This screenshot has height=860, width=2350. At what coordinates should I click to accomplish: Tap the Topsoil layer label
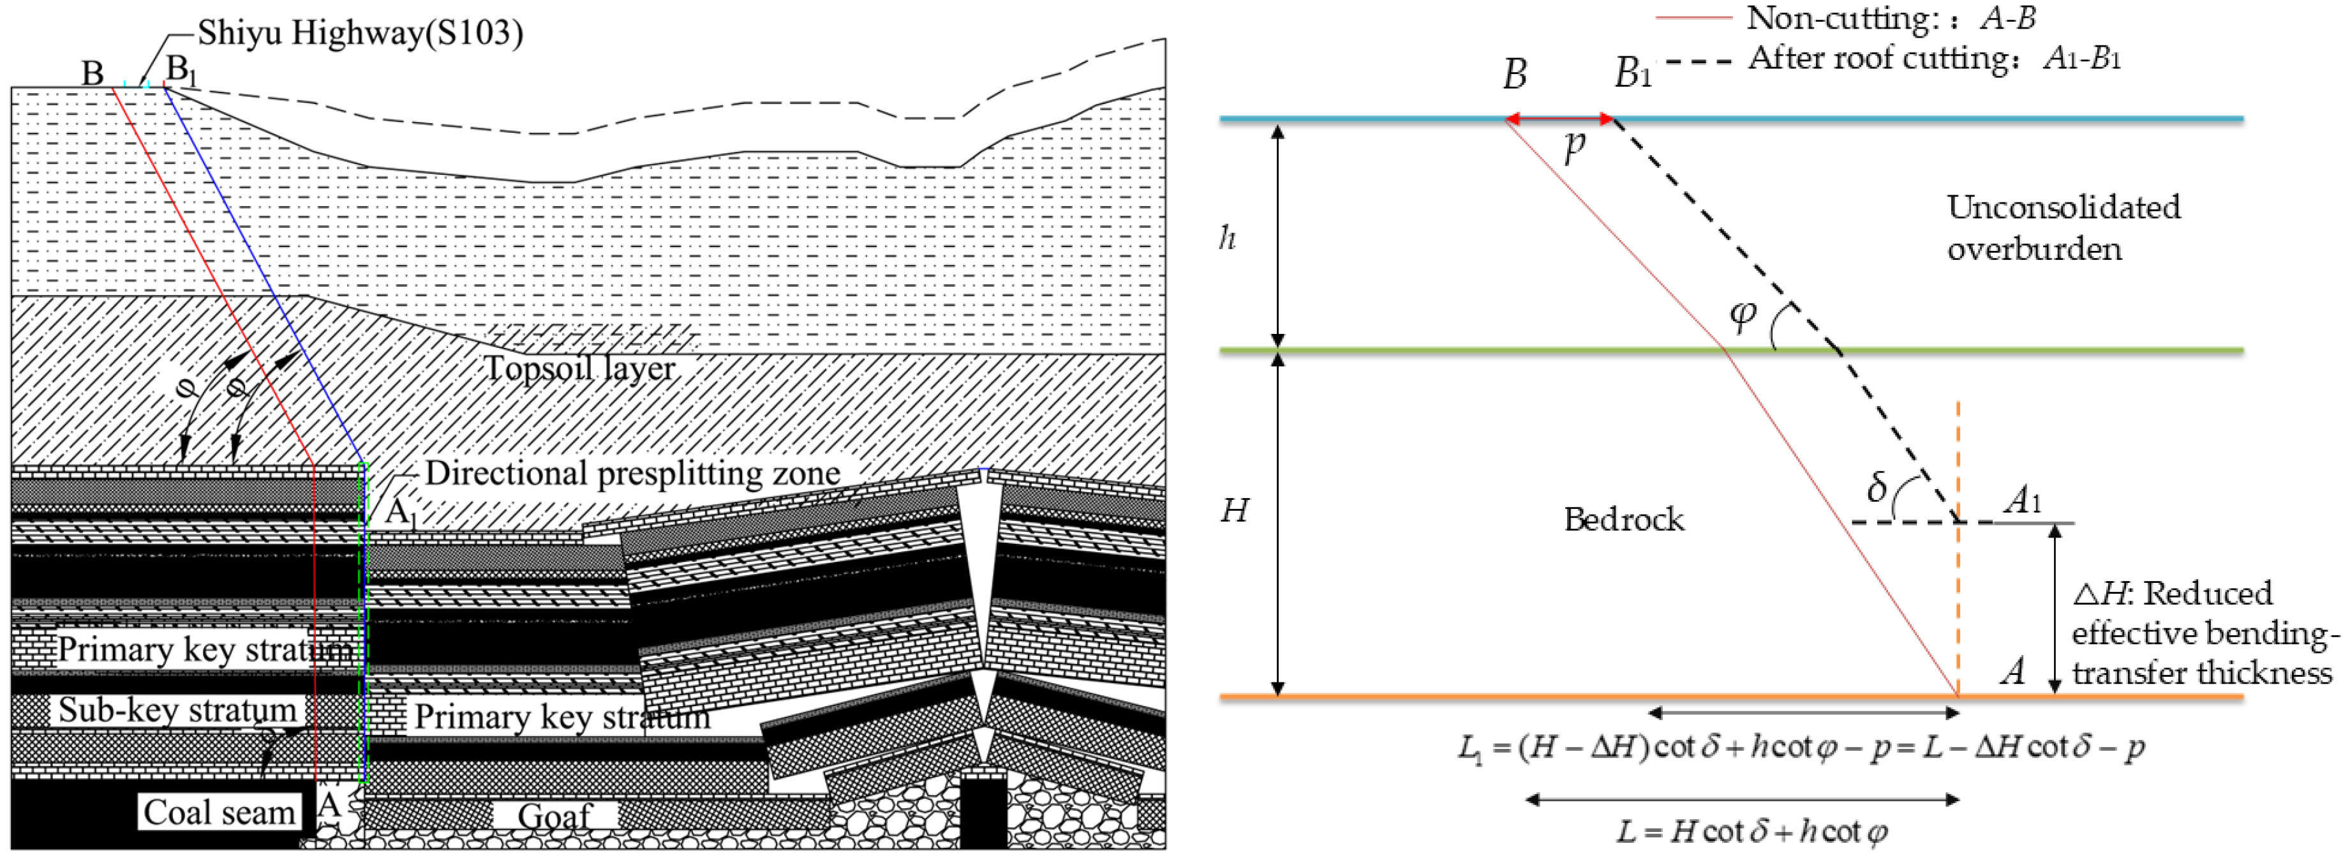click(579, 369)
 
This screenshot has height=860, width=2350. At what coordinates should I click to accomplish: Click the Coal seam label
click(219, 811)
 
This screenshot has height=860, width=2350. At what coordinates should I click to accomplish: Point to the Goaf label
click(554, 816)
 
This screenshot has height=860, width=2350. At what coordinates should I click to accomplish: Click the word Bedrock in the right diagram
click(1624, 520)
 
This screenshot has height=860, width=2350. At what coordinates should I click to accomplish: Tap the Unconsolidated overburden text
click(2063, 228)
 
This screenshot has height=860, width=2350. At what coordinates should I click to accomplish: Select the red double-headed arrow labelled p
click(1558, 119)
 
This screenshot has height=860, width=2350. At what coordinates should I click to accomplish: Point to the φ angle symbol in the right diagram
click(1743, 314)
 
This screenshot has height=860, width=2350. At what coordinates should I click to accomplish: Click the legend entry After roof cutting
click(1934, 59)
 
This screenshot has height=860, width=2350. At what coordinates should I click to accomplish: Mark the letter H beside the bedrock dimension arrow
click(1234, 510)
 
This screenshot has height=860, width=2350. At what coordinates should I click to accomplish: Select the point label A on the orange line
click(2012, 672)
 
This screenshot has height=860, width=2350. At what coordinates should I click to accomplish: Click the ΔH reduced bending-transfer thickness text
click(2201, 633)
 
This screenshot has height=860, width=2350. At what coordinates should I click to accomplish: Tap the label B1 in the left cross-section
click(180, 70)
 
